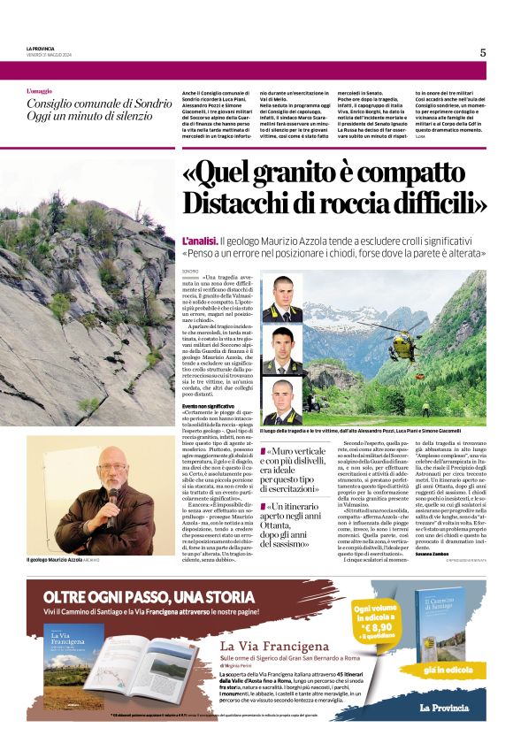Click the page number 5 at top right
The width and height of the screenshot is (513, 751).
[x=483, y=52]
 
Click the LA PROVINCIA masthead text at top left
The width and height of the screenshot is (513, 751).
[x=42, y=47]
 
